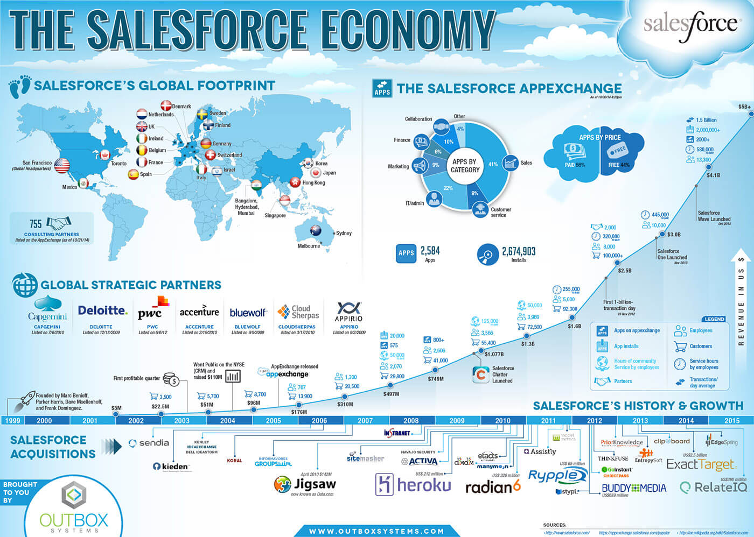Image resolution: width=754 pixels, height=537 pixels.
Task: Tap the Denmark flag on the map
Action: tap(166, 106)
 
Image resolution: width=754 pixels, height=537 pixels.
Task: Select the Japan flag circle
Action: tap(316, 173)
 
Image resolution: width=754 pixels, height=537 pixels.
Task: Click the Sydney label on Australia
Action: tap(343, 233)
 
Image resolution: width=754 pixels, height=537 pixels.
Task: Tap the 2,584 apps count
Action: tap(430, 251)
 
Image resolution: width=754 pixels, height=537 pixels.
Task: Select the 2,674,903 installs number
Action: tap(518, 251)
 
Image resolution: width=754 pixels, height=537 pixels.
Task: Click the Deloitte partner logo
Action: tap(102, 311)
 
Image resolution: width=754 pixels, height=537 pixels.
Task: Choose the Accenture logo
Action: tap(199, 312)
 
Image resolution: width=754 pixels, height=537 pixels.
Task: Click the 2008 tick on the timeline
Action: tap(411, 420)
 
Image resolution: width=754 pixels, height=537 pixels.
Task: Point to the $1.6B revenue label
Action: tap(574, 326)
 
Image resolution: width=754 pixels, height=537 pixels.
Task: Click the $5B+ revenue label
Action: tap(744, 107)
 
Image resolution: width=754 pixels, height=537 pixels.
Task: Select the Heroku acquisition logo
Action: tap(413, 485)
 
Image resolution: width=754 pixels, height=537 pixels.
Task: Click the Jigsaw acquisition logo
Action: tap(305, 484)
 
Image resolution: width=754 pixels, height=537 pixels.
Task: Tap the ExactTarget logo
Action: tap(700, 464)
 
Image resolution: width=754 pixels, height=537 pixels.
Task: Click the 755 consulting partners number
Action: tap(36, 224)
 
